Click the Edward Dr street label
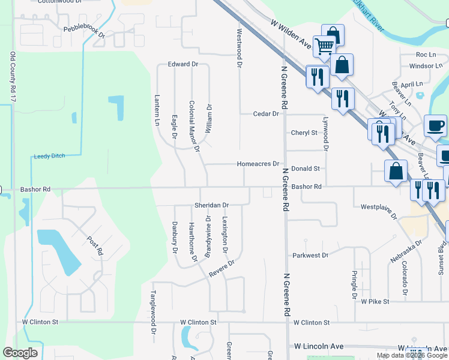click(183, 64)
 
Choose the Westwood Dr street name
click(239, 48)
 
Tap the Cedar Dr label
click(267, 113)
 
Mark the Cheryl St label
click(304, 133)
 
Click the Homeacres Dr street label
click(258, 164)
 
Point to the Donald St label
click(306, 169)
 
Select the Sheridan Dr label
click(211, 205)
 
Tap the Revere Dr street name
click(221, 268)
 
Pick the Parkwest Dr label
click(310, 256)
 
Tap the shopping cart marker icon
click(324, 45)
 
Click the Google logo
click(20, 352)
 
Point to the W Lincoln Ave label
click(319, 347)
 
